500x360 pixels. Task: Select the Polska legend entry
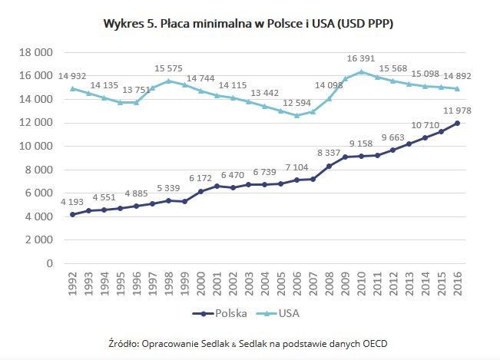pyautogui.click(x=226, y=312)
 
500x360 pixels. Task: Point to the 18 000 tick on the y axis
pyautogui.click(x=35, y=52)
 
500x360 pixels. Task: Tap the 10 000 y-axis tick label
pyautogui.click(x=35, y=146)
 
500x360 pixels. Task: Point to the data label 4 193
pyautogui.click(x=73, y=202)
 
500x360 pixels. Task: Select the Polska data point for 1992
pyautogui.click(x=73, y=214)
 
